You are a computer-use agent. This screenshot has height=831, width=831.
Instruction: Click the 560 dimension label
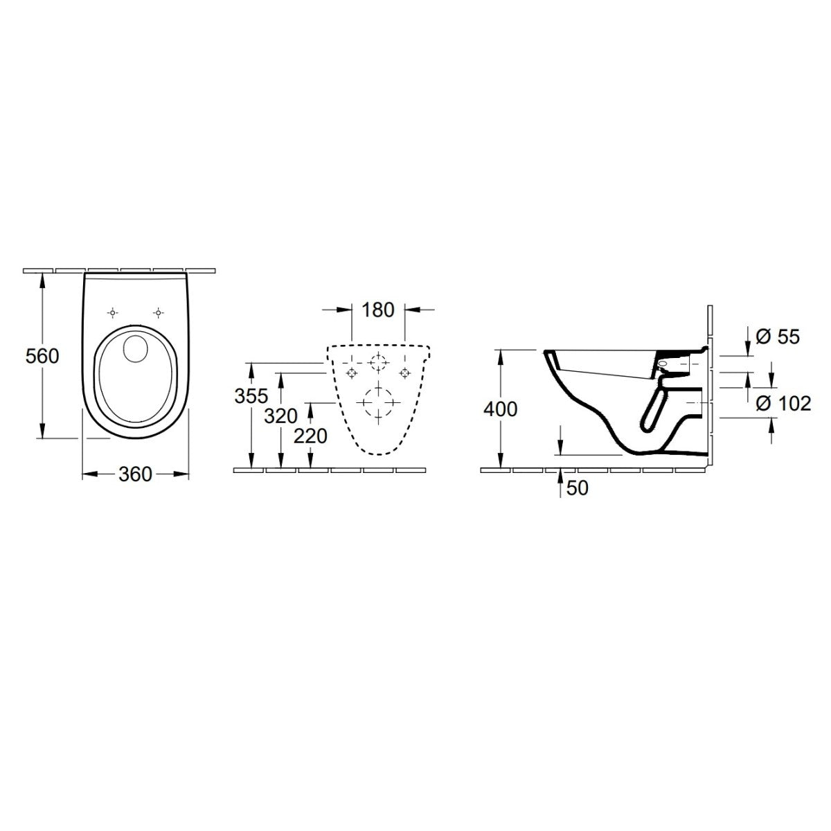point(42,357)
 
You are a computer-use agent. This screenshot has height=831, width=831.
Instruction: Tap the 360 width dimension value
point(135,474)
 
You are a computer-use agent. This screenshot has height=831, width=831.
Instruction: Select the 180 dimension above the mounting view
point(377,310)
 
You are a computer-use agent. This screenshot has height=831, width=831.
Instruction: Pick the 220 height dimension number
point(310,438)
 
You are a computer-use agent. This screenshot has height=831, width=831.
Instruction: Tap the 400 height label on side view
point(500,409)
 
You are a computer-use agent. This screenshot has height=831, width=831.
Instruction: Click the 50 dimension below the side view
point(577,488)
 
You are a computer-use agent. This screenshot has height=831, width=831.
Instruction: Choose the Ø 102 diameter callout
point(783,403)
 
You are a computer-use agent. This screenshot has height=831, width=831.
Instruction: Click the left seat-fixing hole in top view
point(112,313)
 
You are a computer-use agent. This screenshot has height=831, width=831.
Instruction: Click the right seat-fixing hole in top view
point(159,313)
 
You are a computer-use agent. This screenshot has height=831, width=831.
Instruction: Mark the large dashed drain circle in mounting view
point(378,401)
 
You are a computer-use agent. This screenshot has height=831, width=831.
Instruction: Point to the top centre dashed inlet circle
point(378,362)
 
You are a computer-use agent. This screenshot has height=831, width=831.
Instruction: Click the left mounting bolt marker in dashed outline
point(352,373)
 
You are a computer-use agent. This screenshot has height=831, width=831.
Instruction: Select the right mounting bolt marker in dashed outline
point(405,373)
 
